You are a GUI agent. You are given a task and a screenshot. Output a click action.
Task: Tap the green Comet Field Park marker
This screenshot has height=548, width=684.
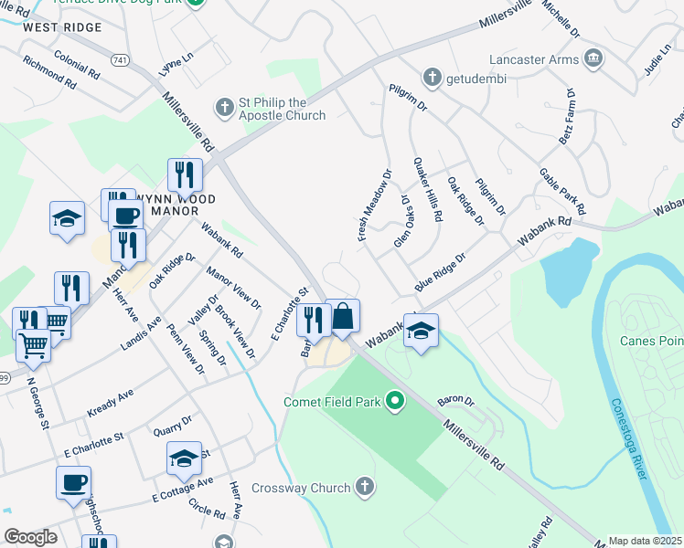(395, 400)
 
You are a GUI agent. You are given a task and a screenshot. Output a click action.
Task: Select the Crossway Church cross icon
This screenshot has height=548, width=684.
(365, 487)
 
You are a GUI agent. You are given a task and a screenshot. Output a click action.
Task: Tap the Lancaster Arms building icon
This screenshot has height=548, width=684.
(593, 58)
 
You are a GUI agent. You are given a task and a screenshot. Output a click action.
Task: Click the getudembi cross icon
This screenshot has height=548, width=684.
(432, 78)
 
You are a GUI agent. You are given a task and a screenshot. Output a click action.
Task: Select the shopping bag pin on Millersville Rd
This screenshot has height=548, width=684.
(342, 318)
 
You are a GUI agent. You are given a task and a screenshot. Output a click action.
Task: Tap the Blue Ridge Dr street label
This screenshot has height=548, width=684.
(440, 272)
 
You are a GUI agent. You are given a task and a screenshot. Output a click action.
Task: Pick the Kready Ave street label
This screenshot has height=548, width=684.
(110, 403)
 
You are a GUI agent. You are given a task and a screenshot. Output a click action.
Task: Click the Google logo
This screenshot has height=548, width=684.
(31, 537)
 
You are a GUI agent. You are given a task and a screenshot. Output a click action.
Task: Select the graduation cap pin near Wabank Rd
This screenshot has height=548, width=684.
(421, 332)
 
